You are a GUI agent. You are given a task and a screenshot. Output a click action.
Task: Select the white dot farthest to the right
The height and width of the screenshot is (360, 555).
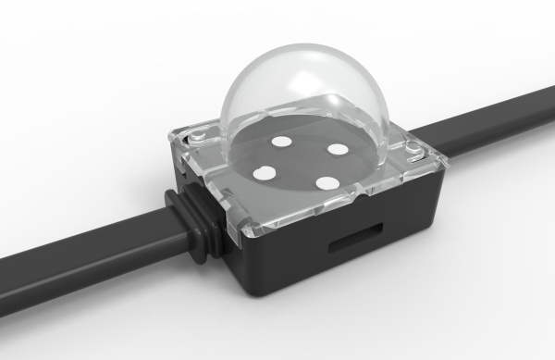click(x=337, y=148)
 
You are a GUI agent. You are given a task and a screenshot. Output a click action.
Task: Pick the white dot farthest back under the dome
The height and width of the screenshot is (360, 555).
click(x=283, y=142)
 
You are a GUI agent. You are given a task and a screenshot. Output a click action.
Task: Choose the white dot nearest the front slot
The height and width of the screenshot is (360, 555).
click(x=326, y=181)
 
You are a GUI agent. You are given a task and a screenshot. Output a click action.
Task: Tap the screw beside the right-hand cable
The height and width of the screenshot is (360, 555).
click(x=408, y=146)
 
